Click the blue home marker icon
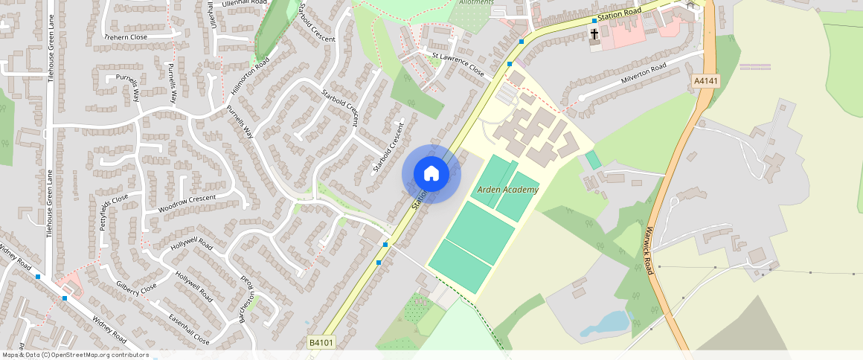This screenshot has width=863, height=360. (431, 174)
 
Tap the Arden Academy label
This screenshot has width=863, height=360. (508, 190)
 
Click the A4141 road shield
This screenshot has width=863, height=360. (706, 81)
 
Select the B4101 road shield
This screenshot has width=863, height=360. (321, 343)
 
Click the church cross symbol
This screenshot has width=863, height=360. (594, 34)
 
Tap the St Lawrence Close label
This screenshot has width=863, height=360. (458, 63)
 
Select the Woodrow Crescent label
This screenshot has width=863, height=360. (187, 203)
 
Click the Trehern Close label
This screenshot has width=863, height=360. (126, 36)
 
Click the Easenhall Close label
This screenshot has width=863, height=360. (188, 330)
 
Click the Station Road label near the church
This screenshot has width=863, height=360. (619, 13)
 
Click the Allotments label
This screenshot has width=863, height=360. (477, 2)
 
